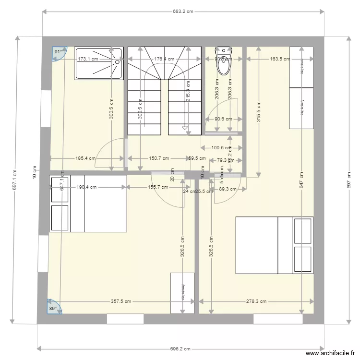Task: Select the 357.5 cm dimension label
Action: [x=121, y=302]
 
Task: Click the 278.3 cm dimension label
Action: [x=256, y=302]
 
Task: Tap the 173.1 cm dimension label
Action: [x=88, y=59]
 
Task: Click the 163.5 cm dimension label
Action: [x=280, y=59]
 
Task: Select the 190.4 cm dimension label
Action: [x=87, y=188]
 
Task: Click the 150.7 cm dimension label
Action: [x=159, y=158]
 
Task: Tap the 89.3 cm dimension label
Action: [x=228, y=189]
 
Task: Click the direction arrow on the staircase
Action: [x=185, y=128]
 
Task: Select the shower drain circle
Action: [x=117, y=61]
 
